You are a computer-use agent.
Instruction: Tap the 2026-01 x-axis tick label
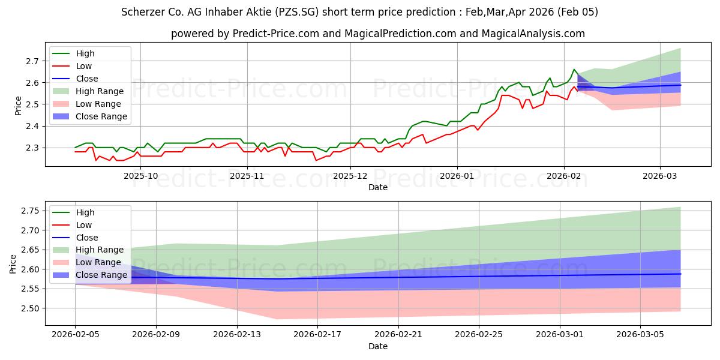[x=457, y=176]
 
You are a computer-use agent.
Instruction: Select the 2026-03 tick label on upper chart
[x=660, y=176]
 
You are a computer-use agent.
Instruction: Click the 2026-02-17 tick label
[x=317, y=335]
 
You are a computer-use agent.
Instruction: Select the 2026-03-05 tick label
[x=641, y=335]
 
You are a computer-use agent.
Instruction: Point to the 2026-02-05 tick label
[x=75, y=335]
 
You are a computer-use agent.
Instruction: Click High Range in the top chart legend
[x=100, y=91]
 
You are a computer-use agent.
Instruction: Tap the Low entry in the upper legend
[x=84, y=66]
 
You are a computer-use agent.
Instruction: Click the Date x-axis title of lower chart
[x=378, y=346]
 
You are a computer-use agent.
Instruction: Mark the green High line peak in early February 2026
[x=574, y=70]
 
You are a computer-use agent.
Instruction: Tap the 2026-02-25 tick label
[x=479, y=335]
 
